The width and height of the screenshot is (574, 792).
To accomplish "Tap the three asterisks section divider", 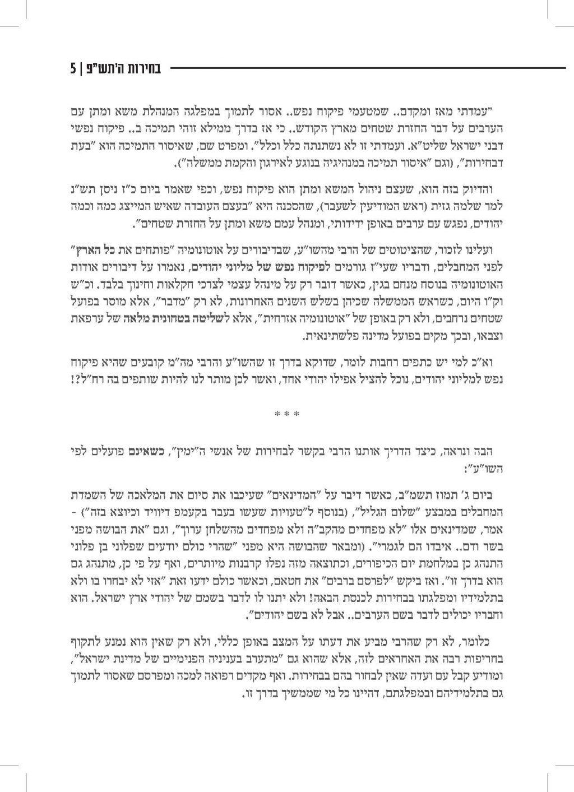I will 286,415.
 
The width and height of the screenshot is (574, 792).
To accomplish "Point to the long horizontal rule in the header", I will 367,68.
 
